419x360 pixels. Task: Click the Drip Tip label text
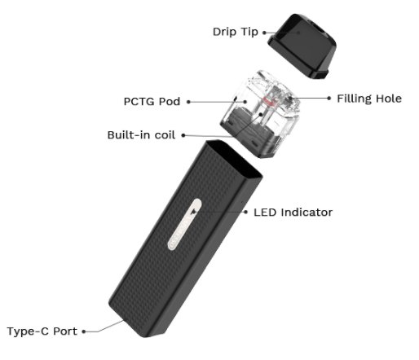tap(236, 32)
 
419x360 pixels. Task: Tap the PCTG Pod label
tap(152, 102)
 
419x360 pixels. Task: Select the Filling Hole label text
tap(369, 99)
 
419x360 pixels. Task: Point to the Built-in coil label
tap(141, 135)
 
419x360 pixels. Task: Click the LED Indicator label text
tap(293, 213)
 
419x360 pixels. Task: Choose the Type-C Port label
tap(42, 331)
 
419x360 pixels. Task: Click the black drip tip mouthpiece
tap(302, 46)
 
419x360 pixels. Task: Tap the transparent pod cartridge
tap(261, 114)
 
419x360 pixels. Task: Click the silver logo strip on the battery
tap(185, 224)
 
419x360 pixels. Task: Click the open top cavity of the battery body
tap(234, 157)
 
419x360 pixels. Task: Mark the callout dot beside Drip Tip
tap(264, 33)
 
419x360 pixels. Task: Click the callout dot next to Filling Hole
tap(329, 98)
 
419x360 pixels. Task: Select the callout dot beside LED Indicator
tap(246, 212)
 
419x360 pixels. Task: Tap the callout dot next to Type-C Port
tap(84, 331)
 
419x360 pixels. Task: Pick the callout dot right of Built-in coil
tap(183, 135)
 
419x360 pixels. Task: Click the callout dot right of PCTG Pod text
tap(188, 102)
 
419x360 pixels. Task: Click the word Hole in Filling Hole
tap(388, 99)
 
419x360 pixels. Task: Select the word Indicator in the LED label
tap(307, 213)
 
